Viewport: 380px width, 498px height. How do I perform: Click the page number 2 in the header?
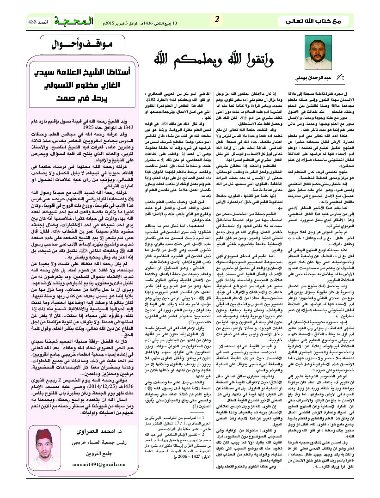[216, 19]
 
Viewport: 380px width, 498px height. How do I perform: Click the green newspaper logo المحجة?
[74, 21]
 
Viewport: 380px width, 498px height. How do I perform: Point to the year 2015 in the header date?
[112, 22]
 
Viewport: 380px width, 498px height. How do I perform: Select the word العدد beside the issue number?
[45, 22]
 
